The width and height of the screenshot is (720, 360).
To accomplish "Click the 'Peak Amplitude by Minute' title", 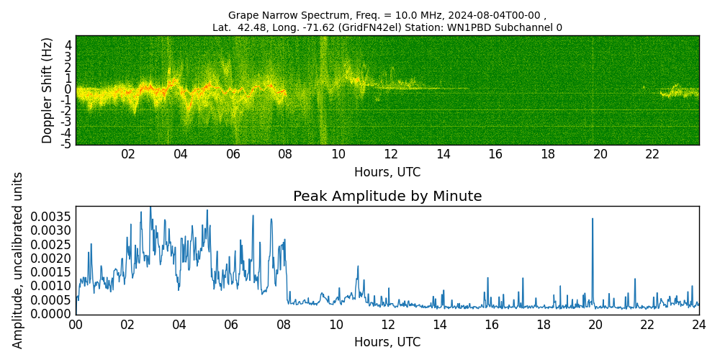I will tap(387, 197).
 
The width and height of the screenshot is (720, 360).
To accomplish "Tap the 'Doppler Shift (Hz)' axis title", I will tap(48, 90).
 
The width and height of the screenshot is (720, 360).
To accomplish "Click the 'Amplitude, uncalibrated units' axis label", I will tap(18, 260).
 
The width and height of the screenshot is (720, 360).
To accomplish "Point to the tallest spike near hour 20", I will tap(593, 219).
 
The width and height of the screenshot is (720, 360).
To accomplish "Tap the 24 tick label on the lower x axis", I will tap(699, 325).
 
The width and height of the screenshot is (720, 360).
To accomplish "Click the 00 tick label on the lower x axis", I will tap(76, 325).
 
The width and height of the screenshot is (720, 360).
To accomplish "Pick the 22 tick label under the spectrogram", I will tap(652, 154).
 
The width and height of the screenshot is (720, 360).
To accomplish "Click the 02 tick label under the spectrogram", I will tap(128, 154).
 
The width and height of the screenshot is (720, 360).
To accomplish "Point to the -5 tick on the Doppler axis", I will tap(66, 144).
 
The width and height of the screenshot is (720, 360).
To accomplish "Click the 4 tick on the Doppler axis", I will tap(68, 45).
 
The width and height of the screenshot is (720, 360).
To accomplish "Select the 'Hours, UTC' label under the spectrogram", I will tap(387, 172).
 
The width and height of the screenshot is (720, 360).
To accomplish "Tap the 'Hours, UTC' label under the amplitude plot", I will tap(387, 342).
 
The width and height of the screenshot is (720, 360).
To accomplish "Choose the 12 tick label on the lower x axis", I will tap(387, 325).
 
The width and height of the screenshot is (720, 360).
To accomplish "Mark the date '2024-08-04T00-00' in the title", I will tap(497, 15).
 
